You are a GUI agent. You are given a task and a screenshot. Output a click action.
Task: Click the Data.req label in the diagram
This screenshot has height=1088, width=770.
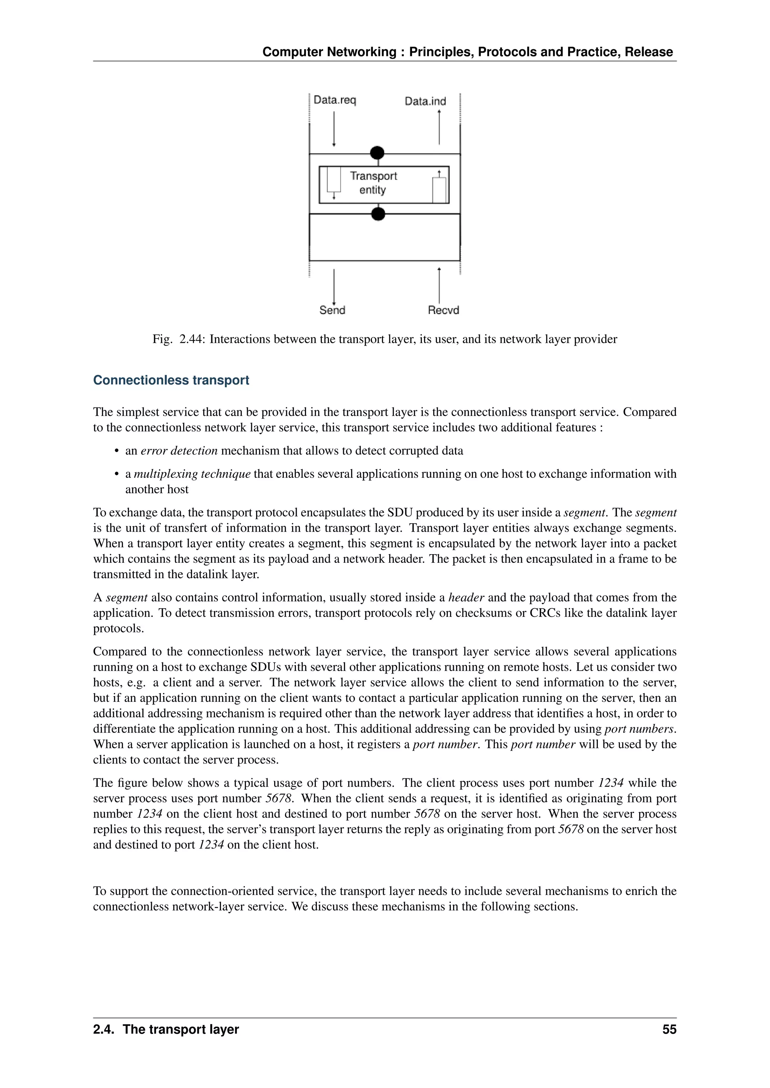coord(335,100)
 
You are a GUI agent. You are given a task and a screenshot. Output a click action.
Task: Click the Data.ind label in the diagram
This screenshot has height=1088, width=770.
coord(425,101)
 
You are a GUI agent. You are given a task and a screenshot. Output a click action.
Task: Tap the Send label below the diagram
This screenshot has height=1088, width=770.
coord(332,310)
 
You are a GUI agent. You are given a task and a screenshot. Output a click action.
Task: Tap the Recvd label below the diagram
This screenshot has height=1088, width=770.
coord(443,310)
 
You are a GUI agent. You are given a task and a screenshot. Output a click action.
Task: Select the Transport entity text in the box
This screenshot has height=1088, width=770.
coord(373,183)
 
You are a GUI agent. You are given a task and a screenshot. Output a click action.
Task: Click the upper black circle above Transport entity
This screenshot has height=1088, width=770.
coord(377,153)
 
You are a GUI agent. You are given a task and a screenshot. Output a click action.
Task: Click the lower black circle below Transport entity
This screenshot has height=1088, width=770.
coord(378,214)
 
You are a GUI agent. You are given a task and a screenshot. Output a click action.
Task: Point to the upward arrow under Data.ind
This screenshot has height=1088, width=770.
coord(440,127)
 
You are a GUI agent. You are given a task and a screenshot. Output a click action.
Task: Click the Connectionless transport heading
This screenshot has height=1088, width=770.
coord(171,380)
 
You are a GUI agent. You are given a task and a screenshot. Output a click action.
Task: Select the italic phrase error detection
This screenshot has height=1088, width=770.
coord(179,451)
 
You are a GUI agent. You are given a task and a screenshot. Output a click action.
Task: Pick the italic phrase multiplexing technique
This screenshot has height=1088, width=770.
coord(192,474)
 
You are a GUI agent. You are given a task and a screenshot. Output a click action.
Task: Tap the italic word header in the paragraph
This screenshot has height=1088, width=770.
coord(466,598)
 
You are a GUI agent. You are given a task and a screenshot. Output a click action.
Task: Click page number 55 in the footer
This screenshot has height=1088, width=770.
coord(669,1029)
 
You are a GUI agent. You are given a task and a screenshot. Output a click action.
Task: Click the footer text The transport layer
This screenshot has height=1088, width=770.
coord(180,1029)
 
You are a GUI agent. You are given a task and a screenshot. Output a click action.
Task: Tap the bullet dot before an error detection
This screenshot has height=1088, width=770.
coord(116,451)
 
